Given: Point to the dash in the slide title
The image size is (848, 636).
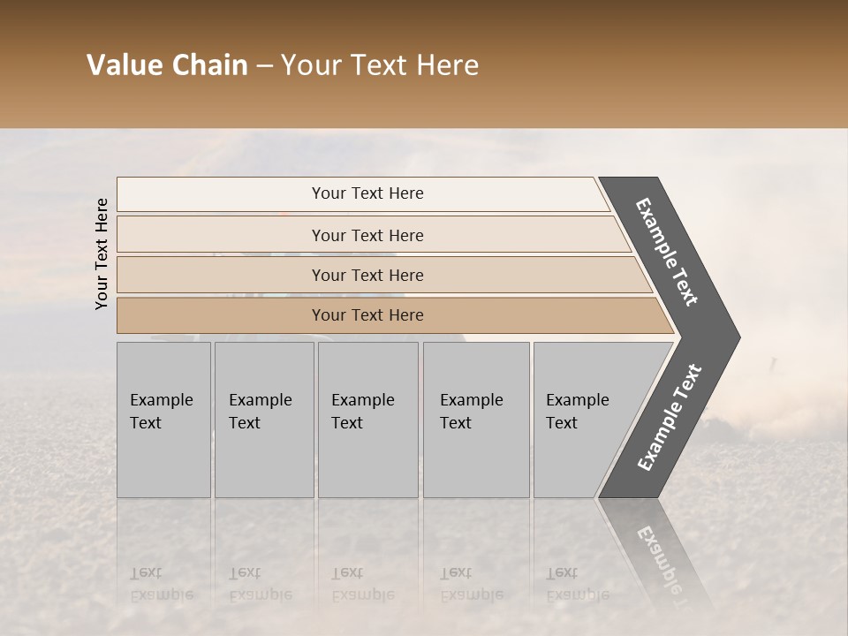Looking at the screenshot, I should click(x=264, y=66).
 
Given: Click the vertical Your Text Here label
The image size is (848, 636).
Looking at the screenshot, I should click(x=102, y=254).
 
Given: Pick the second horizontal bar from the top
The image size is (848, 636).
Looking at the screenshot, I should click(x=367, y=235).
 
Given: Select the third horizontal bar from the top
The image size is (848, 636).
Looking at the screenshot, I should click(x=367, y=275).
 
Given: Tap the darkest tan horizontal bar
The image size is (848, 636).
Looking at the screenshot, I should click(x=367, y=315).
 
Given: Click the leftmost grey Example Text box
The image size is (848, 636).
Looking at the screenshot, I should click(x=163, y=420).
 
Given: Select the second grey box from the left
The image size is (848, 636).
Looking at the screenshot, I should click(x=263, y=420).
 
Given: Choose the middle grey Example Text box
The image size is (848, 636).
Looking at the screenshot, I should click(x=367, y=420).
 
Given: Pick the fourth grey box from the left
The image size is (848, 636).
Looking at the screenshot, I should click(x=475, y=420).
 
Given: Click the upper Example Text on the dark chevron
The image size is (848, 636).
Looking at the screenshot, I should click(x=667, y=252).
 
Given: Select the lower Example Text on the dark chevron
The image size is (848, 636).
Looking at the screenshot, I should click(x=670, y=418).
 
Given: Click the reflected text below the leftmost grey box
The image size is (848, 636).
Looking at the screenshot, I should click(x=161, y=584).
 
